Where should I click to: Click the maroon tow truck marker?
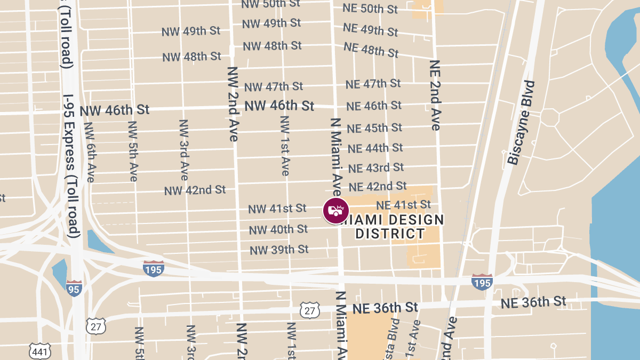pyautogui.click(x=336, y=210)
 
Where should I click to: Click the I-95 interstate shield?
pyautogui.click(x=74, y=288)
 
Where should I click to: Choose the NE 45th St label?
pyautogui.click(x=374, y=128)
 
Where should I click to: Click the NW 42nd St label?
pyautogui.click(x=195, y=190)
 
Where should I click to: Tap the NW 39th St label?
pyautogui.click(x=279, y=250)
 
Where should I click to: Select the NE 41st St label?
pyautogui.click(x=403, y=205)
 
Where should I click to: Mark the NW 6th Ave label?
pyautogui.click(x=89, y=152)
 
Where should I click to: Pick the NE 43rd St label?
pyautogui.click(x=376, y=167)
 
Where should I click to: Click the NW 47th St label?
pyautogui.click(x=274, y=86)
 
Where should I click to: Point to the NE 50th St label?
pyautogui.click(x=371, y=9)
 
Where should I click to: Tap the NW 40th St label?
pyautogui.click(x=278, y=229)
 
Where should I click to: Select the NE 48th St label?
pyautogui.click(x=371, y=49)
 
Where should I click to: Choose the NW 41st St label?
pyautogui.click(x=277, y=209)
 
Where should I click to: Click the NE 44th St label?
pyautogui.click(x=375, y=148)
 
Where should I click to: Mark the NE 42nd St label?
pyautogui.click(x=378, y=186)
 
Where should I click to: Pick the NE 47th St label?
pyautogui.click(x=373, y=84)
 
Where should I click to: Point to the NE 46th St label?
pyautogui.click(x=374, y=106)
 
